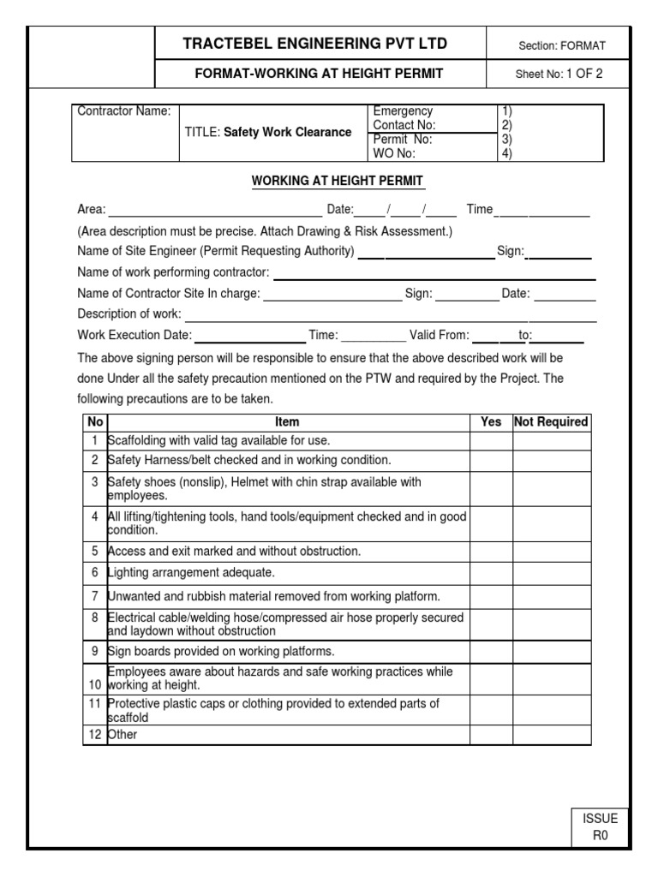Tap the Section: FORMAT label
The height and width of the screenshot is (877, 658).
(561, 45)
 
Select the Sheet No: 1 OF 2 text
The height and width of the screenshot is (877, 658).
(559, 74)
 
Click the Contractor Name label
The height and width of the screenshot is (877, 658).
(124, 111)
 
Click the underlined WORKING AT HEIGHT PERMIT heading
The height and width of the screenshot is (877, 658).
(337, 181)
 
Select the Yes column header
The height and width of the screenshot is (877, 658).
(491, 422)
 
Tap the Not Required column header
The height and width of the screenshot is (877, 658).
(551, 422)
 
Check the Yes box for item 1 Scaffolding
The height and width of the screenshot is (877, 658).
(491, 441)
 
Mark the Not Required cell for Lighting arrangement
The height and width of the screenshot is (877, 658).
(551, 573)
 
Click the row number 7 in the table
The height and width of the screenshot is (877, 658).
(95, 596)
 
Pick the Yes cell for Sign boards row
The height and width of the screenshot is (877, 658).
(491, 652)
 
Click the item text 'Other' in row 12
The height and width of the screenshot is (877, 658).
(123, 735)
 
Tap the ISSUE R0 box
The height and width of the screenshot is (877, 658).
(600, 827)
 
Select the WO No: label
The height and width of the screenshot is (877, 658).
(394, 153)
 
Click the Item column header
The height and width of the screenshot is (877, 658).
(287, 422)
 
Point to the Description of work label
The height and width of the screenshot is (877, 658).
(129, 313)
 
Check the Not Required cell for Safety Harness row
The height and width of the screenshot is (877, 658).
(551, 461)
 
